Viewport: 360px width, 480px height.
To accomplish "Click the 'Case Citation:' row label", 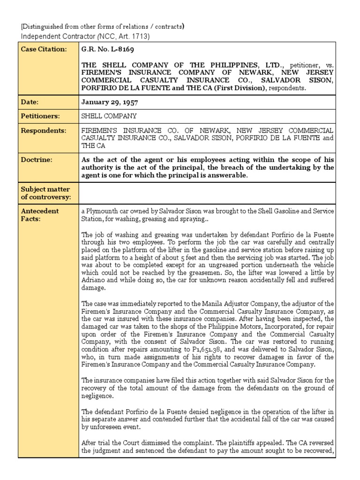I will click(x=44, y=50).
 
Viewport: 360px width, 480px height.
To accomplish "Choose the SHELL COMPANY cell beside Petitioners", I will click(x=109, y=116).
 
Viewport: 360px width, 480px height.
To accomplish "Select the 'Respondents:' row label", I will click(x=43, y=130).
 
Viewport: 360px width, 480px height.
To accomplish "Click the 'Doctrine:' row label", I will click(x=36, y=160).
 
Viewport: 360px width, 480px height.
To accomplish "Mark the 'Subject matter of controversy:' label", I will click(x=45, y=193).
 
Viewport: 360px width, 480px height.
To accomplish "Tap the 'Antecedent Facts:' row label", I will click(x=40, y=215).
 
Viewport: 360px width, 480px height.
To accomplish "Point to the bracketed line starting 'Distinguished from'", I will click(x=100, y=26).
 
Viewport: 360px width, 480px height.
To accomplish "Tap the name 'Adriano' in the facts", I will click(x=94, y=280).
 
